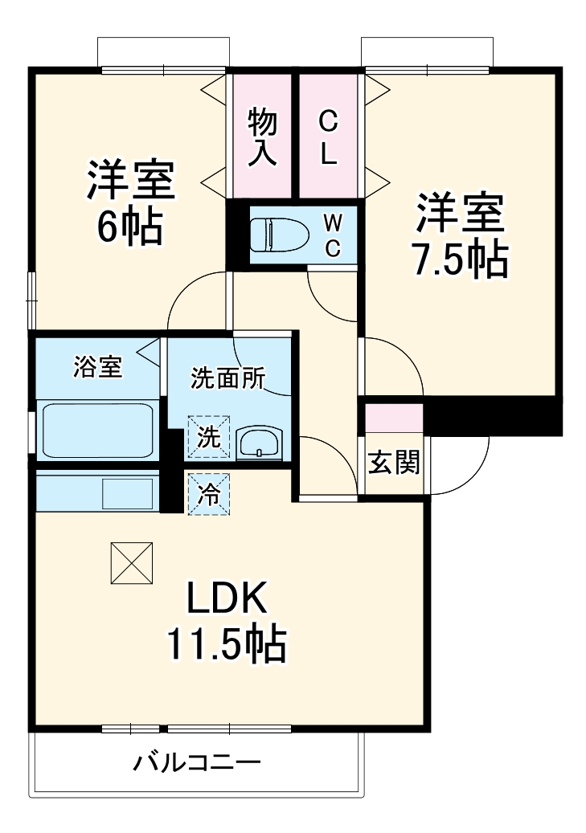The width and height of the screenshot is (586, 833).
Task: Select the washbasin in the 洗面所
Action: click(x=259, y=441)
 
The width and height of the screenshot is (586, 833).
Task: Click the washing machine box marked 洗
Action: click(x=209, y=436)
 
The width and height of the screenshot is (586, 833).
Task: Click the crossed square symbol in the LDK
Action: click(x=132, y=563)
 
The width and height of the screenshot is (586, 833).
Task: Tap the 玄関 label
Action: click(x=394, y=463)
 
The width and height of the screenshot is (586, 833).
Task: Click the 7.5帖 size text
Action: click(x=460, y=259)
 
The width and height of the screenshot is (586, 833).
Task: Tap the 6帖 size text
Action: click(x=130, y=228)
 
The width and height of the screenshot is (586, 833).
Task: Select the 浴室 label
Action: click(x=97, y=368)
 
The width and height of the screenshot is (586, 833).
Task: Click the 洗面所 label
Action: click(x=227, y=378)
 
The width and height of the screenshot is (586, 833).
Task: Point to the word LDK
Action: click(x=227, y=597)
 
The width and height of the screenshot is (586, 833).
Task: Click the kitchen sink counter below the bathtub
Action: click(x=96, y=491)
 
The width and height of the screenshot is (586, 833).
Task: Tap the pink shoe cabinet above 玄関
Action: click(x=394, y=419)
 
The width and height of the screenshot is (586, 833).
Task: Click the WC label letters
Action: click(x=332, y=235)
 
